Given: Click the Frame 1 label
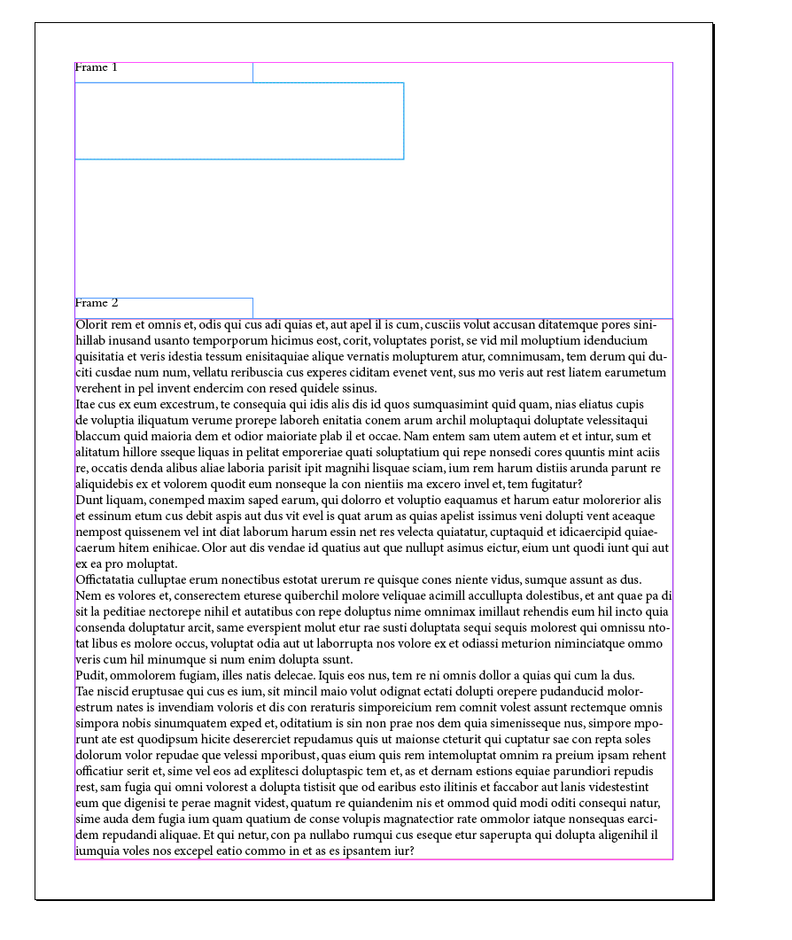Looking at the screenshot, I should [x=97, y=67].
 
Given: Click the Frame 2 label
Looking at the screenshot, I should [x=97, y=303].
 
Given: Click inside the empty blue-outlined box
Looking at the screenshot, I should [x=239, y=120].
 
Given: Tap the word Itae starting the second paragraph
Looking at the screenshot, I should [x=88, y=404].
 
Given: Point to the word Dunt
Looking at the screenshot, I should [x=89, y=500].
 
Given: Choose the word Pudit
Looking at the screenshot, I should [x=91, y=675].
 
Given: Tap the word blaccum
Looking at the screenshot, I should [x=100, y=436].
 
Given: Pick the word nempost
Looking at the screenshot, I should [x=100, y=532].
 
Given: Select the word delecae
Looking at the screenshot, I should [x=292, y=675].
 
